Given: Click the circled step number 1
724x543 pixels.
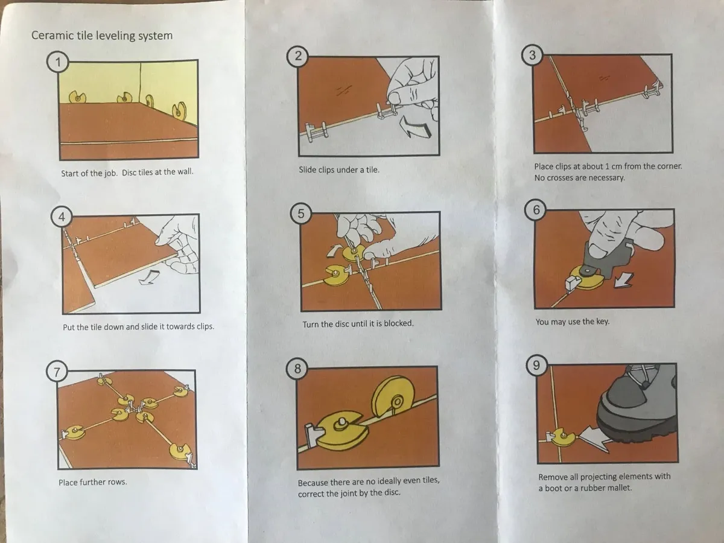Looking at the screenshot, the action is pyautogui.click(x=58, y=62).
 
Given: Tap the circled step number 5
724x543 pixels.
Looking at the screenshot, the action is pyautogui.click(x=301, y=214).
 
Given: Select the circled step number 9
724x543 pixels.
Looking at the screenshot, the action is pyautogui.click(x=536, y=365).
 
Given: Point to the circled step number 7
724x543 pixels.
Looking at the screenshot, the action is pyautogui.click(x=57, y=372).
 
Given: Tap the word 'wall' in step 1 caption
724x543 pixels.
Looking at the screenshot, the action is pyautogui.click(x=185, y=171).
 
